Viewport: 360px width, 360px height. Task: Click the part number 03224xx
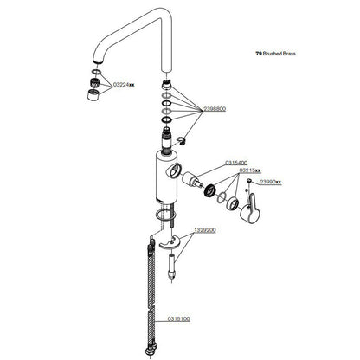[x=124, y=85]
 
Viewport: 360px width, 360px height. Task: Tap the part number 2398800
[x=215, y=109]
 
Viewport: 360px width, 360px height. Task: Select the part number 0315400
[x=236, y=163]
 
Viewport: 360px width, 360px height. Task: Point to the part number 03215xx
[x=250, y=170]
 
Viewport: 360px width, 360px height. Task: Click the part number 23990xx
[x=271, y=182]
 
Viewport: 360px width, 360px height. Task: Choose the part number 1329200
[x=205, y=230]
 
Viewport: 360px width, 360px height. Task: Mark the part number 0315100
[x=179, y=318]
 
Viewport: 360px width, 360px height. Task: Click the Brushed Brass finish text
[x=276, y=54]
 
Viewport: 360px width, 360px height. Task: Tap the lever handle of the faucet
[x=252, y=209]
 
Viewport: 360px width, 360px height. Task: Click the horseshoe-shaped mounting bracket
[x=170, y=241]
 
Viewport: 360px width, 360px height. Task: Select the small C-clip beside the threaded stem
[x=182, y=140]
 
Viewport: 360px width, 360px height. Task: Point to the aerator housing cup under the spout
[x=93, y=94]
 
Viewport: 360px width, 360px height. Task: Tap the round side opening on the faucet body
[x=175, y=170]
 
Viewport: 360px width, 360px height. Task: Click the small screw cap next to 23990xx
[x=249, y=181]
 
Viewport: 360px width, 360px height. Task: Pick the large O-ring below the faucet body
[x=164, y=215]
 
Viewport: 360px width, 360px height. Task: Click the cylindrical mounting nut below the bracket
[x=172, y=266]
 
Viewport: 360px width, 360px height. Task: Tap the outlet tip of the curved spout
[x=99, y=61]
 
